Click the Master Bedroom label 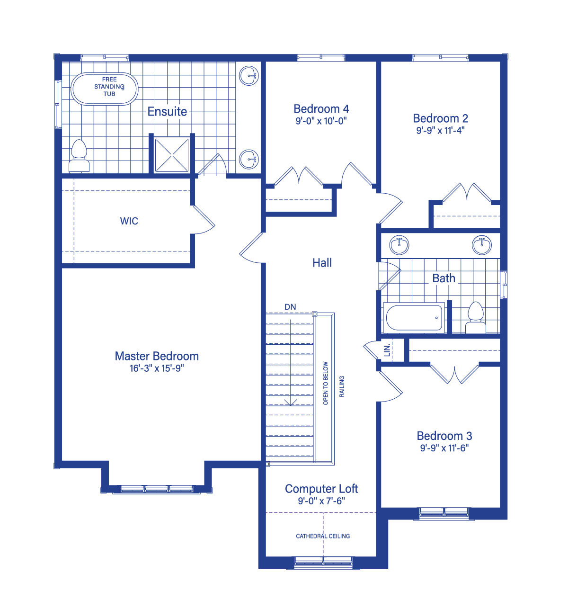click(157, 356)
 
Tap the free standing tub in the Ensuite click(104, 89)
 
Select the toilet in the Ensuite click(79, 156)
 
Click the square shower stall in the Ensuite click(172, 155)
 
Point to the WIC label click(129, 221)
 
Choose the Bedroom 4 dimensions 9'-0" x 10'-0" click(321, 121)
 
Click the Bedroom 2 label click(440, 118)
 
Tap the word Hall click(322, 263)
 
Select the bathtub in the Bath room click(414, 318)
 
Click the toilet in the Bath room click(475, 318)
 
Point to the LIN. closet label click(387, 350)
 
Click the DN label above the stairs click(290, 307)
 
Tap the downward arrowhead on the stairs click(290, 403)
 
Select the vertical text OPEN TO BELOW click(326, 383)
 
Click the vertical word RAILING click(342, 386)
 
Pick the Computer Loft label click(321, 489)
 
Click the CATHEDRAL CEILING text click(323, 536)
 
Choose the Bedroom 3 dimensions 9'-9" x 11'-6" click(444, 448)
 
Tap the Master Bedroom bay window click(157, 489)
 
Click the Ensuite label click(167, 112)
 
